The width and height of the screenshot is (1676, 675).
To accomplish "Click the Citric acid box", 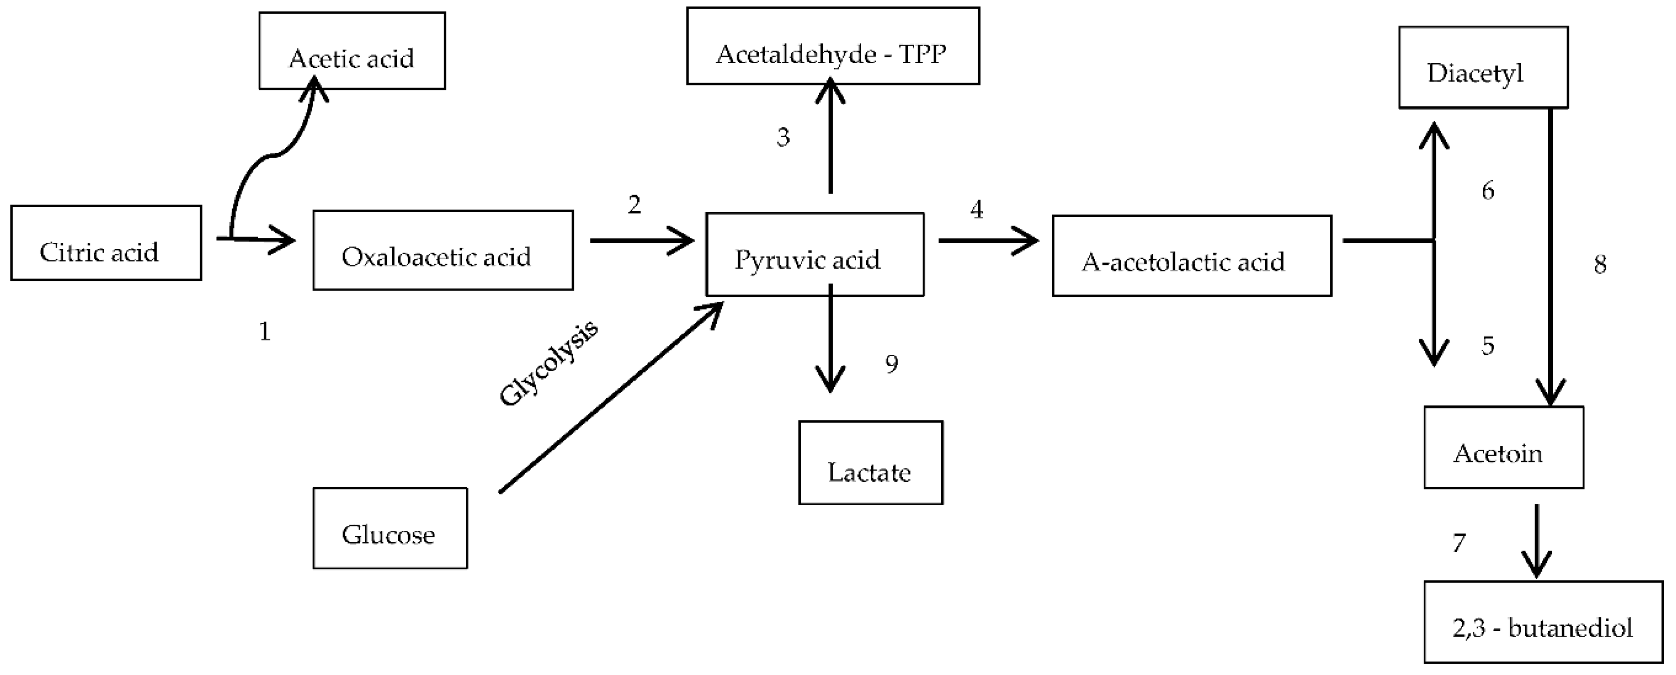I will pyautogui.click(x=106, y=243).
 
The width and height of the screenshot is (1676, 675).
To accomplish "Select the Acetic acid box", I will pyautogui.click(x=352, y=51).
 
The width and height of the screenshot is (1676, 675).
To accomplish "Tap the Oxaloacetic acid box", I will pyautogui.click(x=443, y=250).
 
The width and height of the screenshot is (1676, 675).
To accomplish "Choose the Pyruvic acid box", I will pyautogui.click(x=815, y=255).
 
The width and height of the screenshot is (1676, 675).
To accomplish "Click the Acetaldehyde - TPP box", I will pyautogui.click(x=833, y=46).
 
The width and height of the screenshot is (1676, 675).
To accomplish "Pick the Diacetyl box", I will pyautogui.click(x=1483, y=68).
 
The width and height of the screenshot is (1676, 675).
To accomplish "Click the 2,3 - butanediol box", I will pyautogui.click(x=1543, y=622).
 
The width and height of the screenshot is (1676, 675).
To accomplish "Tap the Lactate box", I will pyautogui.click(x=871, y=463).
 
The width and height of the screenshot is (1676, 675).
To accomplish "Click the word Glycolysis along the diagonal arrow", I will pyautogui.click(x=548, y=364).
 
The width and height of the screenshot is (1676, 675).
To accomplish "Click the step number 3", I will pyautogui.click(x=783, y=137).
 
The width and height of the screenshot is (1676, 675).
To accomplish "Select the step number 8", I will pyautogui.click(x=1600, y=264).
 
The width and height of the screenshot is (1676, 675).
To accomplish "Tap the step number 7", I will pyautogui.click(x=1459, y=543).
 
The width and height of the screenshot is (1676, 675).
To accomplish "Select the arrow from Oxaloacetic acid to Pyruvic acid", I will pyautogui.click(x=641, y=241).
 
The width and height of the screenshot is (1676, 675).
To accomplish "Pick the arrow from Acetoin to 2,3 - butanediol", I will pyautogui.click(x=1537, y=540).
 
